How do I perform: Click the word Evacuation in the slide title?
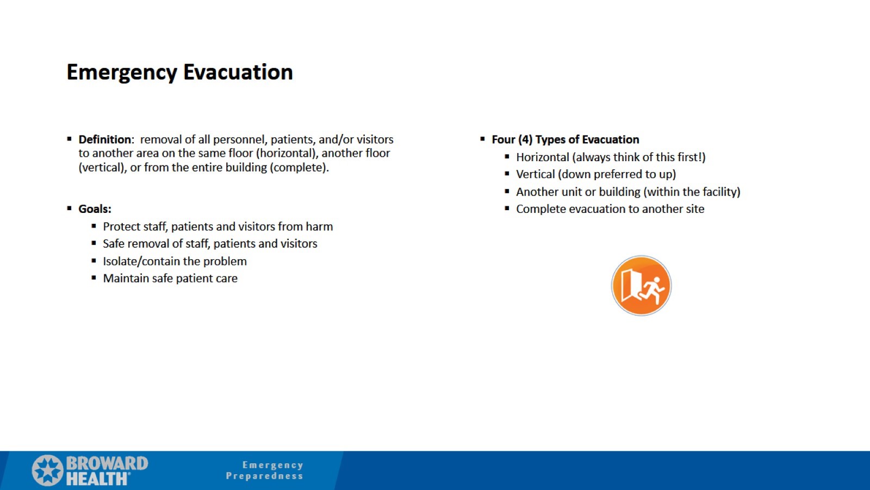pyautogui.click(x=238, y=72)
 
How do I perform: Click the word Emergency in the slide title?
pyautogui.click(x=122, y=72)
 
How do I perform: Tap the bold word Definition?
pyautogui.click(x=105, y=139)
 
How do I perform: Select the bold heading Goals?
pyautogui.click(x=95, y=209)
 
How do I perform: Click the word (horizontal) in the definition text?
pyautogui.click(x=287, y=154)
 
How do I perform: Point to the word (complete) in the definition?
pyautogui.click(x=299, y=168)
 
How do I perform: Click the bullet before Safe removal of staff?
pyautogui.click(x=94, y=243)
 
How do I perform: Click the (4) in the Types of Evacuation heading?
pyautogui.click(x=525, y=139)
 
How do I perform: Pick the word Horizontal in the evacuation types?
pyautogui.click(x=542, y=157)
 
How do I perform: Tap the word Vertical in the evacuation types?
pyautogui.click(x=536, y=175)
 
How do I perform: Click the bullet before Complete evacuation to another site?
pyautogui.click(x=507, y=209)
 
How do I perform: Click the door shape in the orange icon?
pyautogui.click(x=631, y=284)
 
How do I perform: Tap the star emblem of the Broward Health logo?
pyautogui.click(x=48, y=470)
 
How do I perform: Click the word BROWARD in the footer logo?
pyautogui.click(x=107, y=463)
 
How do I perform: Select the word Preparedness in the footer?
pyautogui.click(x=264, y=476)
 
